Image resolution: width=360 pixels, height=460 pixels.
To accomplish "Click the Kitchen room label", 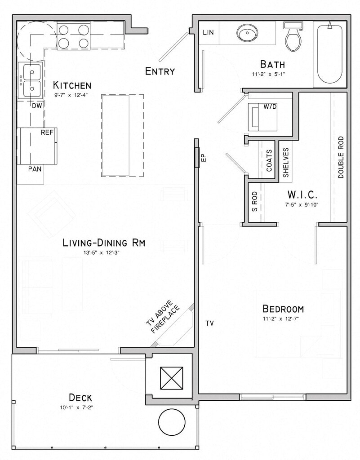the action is (x=72, y=85).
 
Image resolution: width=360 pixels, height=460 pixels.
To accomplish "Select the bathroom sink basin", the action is (x=247, y=33).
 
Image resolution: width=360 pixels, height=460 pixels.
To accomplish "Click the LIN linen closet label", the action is (x=208, y=32).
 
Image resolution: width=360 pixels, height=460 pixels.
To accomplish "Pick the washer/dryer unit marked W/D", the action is (x=262, y=117).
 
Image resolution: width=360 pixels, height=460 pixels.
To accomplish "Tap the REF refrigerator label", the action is (x=47, y=133).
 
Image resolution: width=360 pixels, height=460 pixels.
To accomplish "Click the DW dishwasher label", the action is (x=37, y=106).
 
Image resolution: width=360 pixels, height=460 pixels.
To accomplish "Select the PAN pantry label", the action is (x=35, y=169).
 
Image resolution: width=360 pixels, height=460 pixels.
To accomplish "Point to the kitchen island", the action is (x=123, y=135).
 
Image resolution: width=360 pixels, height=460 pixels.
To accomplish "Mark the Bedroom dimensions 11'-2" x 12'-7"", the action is (x=281, y=319).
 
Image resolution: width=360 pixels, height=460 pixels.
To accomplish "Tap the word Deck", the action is (x=80, y=398).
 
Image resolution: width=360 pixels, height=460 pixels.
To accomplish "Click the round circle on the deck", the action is (x=172, y=422).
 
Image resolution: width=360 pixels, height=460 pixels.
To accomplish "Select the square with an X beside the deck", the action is (x=171, y=378).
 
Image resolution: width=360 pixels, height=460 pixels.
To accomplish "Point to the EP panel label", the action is (x=204, y=158).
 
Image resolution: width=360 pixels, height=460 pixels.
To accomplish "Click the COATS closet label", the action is (x=269, y=160).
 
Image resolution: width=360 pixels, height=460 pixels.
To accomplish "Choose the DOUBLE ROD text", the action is (x=341, y=157).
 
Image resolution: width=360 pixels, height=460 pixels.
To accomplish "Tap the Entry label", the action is (x=160, y=71).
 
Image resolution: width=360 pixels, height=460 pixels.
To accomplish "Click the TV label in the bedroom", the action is (x=209, y=323).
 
